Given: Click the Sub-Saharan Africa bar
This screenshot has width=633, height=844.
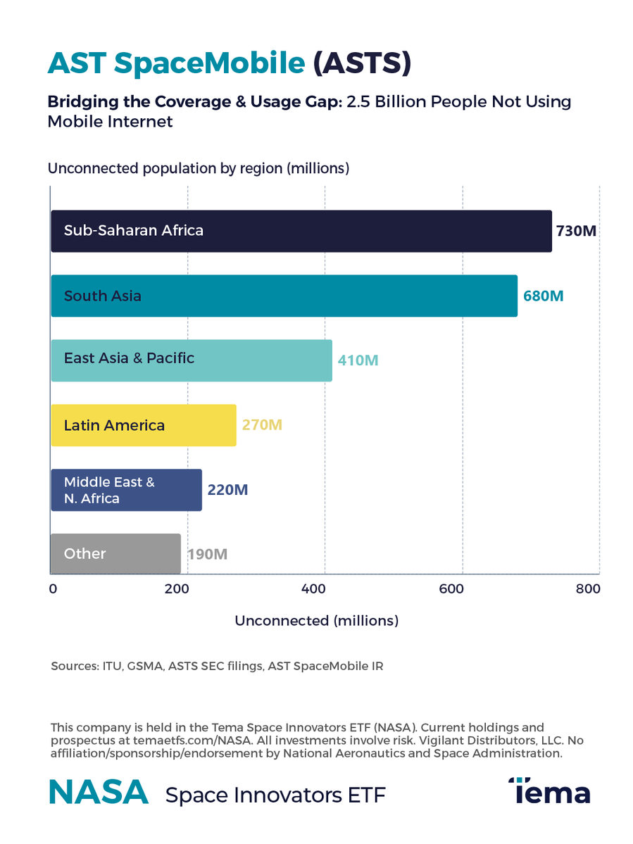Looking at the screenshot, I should [301, 231].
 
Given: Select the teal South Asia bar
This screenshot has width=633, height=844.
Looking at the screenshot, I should [284, 296].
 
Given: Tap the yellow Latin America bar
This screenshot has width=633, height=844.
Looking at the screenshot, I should [144, 425].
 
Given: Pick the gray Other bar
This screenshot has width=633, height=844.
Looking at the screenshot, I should [115, 554].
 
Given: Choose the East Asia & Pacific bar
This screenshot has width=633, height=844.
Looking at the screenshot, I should [191, 360].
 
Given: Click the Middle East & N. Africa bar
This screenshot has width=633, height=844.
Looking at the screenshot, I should [126, 490].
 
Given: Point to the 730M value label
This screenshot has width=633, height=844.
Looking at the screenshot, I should [576, 231].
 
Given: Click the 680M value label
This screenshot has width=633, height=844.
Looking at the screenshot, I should [543, 296].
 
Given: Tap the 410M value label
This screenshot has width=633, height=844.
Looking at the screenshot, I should [358, 360].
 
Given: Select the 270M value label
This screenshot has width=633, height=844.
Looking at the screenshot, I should [262, 425].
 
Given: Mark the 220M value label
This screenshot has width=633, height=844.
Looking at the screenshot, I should [227, 490].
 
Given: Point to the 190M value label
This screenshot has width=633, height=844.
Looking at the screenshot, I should [207, 554].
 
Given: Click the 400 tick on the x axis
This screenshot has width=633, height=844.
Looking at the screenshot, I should [325, 589].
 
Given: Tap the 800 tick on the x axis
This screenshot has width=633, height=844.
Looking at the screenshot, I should [587, 589].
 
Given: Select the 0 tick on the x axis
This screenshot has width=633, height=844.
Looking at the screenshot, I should [53, 589].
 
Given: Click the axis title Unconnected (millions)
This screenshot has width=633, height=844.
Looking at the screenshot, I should [316, 621].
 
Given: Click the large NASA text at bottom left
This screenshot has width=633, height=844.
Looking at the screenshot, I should [99, 793].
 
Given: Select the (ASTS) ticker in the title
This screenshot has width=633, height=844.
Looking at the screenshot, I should [361, 63].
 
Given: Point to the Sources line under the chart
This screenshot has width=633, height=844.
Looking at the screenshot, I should [217, 666].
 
